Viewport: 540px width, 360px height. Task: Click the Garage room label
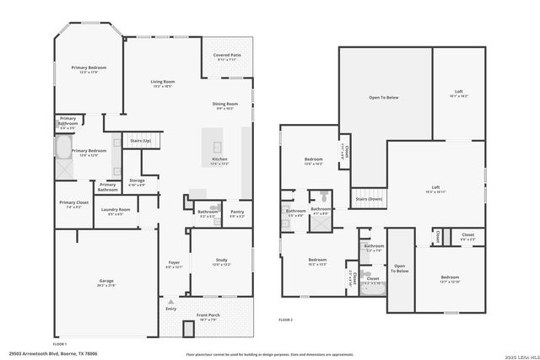(106, 281)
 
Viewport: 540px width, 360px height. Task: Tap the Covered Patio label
(227, 56)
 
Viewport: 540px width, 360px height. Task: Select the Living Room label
(162, 82)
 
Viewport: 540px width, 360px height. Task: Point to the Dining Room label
(224, 104)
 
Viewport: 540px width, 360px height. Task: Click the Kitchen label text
(219, 159)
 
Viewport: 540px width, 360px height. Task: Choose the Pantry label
(237, 212)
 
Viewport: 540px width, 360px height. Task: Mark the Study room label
(220, 261)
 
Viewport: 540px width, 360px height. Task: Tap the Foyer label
(174, 262)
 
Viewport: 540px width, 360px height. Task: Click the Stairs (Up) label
(141, 141)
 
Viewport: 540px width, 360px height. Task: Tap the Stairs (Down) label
(369, 199)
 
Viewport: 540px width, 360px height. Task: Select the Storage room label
(137, 180)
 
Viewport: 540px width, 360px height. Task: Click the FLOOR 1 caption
(60, 344)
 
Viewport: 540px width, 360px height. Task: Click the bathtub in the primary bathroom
(63, 149)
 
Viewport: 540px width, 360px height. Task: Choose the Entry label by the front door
(171, 309)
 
